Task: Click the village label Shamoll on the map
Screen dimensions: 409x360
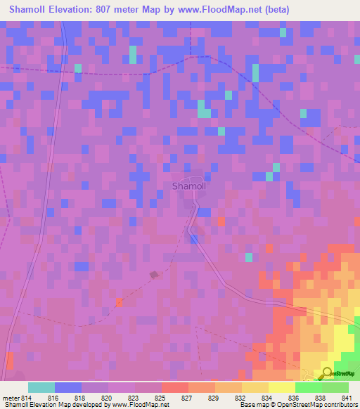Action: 188,186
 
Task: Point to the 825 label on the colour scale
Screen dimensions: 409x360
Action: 161,396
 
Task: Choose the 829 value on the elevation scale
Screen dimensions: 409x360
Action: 214,396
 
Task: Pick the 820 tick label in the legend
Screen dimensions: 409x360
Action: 108,396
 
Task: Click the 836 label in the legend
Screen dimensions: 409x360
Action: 295,396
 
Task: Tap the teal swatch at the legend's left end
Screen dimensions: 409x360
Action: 41,387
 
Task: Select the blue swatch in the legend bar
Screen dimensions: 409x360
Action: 68,387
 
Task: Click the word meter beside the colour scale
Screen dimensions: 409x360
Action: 11,396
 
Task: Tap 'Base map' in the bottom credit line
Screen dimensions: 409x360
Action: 254,404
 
